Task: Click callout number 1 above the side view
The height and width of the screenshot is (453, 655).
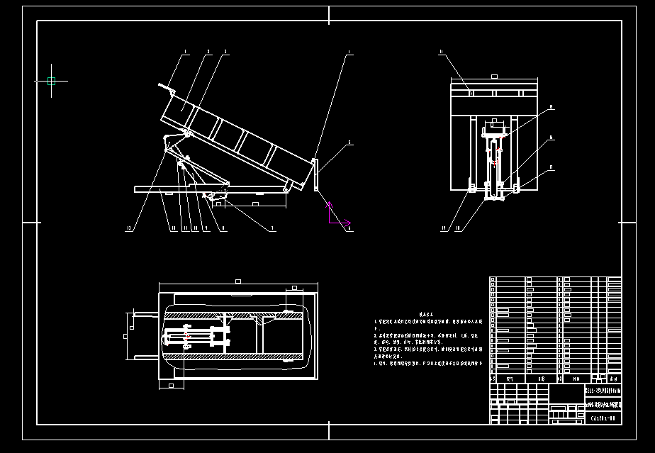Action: (186, 51)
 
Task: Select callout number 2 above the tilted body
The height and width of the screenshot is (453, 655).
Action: (208, 51)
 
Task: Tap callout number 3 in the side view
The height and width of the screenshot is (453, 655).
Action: (225, 51)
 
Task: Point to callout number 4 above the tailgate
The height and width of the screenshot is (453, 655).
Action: (349, 51)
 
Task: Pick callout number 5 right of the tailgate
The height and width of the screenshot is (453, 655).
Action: (349, 143)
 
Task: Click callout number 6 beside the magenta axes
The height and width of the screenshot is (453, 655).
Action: (349, 228)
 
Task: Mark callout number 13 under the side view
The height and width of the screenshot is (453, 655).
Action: (129, 228)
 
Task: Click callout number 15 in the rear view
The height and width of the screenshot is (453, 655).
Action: (551, 107)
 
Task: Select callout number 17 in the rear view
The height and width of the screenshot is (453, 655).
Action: (551, 168)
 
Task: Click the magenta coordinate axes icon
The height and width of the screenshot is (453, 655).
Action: (331, 213)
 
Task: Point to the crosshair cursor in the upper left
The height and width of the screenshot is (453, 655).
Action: (51, 81)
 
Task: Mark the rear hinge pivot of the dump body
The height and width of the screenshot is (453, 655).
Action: (286, 189)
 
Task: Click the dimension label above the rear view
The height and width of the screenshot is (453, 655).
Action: (495, 76)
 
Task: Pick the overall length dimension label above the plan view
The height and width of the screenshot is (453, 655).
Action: (237, 281)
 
